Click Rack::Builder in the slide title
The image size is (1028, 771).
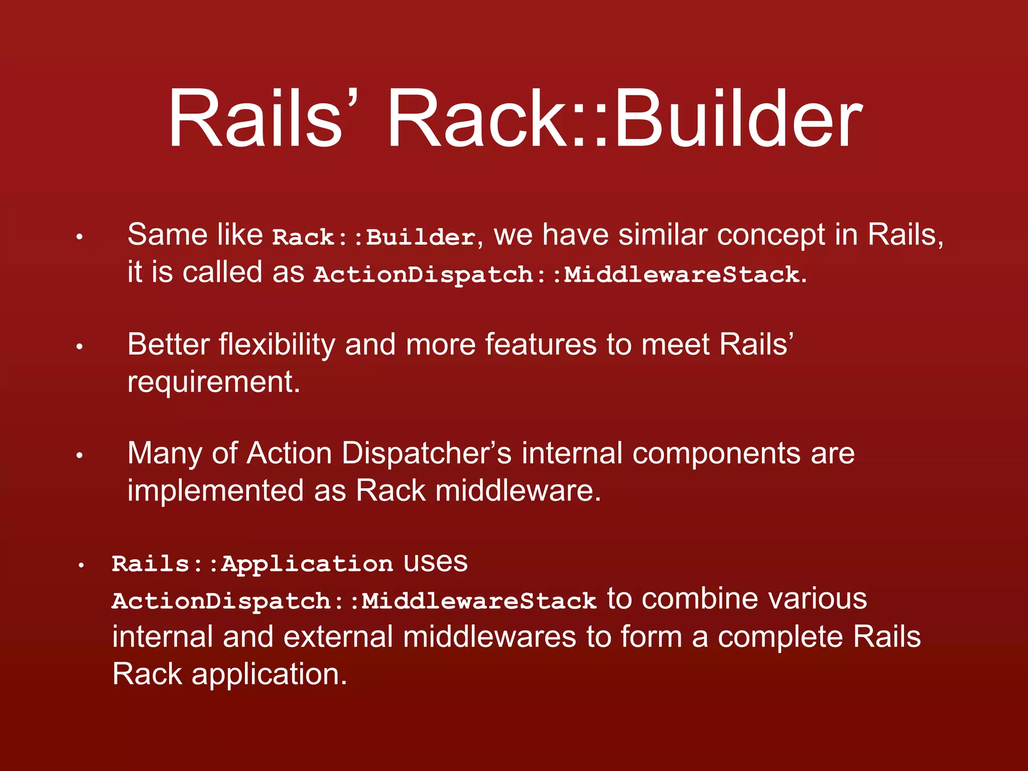coord(624,119)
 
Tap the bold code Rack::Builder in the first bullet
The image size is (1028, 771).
coord(373,237)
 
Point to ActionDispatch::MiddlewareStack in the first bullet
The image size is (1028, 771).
coord(556,275)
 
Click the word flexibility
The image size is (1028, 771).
coord(277,345)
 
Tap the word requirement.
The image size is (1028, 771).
coord(213,383)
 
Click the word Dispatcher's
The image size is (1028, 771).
coord(426,453)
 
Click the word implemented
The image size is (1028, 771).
coord(215,490)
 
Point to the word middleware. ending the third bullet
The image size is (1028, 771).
coord(518,490)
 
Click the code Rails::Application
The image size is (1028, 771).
coord(252,564)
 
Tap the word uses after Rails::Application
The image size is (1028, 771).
coord(436,563)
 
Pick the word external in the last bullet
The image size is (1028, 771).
coord(338,636)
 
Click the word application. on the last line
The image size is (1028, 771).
coord(269,674)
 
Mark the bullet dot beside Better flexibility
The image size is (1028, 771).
coord(79,347)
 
